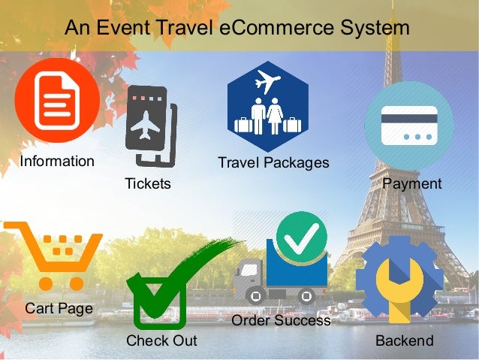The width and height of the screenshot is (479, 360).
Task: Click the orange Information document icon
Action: pos(57,101)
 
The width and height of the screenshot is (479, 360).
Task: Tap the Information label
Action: pos(57,161)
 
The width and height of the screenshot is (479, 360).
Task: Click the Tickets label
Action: pos(148,184)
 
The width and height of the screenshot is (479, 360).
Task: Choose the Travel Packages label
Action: pos(273,162)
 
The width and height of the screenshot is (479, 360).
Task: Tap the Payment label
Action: pos(412,184)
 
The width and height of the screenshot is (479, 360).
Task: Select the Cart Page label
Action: pos(59,308)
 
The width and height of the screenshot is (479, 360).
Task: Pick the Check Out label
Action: pos(161,340)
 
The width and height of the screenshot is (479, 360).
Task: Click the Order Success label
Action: pos(282,321)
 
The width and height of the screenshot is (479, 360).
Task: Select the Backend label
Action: pos(405,340)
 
